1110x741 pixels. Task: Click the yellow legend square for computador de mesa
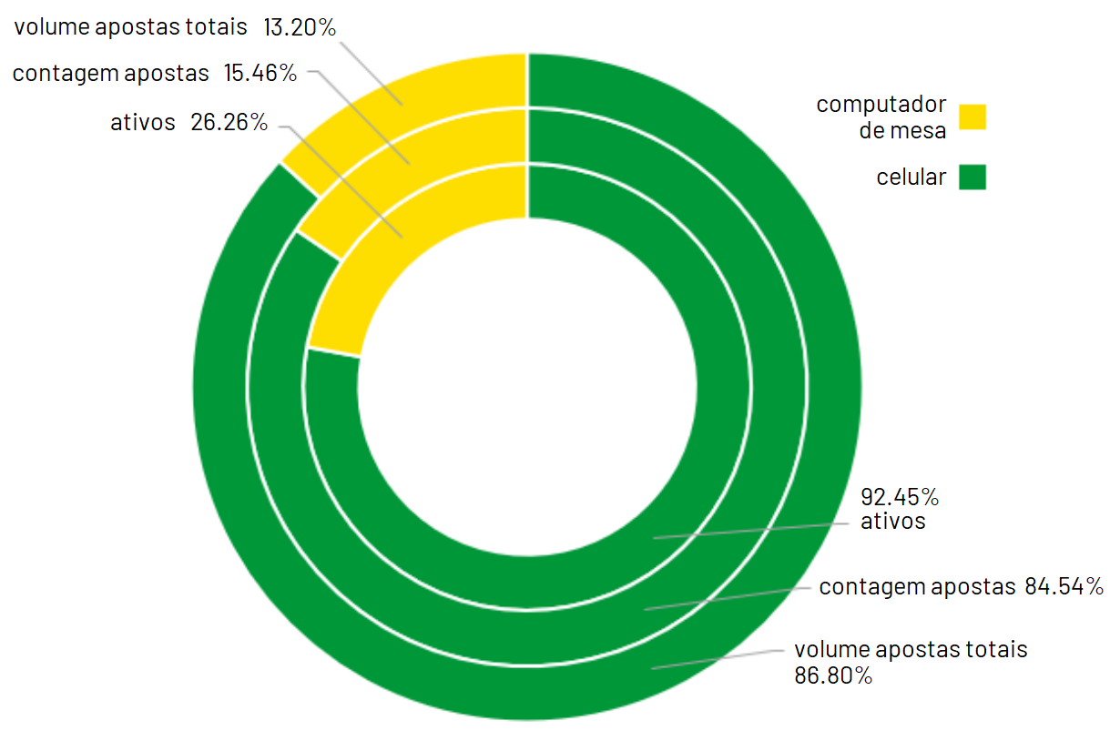(x=973, y=117)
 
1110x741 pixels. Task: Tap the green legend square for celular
(x=973, y=177)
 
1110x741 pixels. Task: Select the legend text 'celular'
(x=911, y=178)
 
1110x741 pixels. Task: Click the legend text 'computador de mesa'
(x=881, y=117)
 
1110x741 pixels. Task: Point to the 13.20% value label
(x=300, y=27)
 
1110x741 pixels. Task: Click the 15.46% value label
(x=260, y=74)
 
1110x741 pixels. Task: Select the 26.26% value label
(x=229, y=123)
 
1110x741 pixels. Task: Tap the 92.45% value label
(x=900, y=498)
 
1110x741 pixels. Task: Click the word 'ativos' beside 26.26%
(x=143, y=123)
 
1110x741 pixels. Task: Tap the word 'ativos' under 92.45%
(x=892, y=522)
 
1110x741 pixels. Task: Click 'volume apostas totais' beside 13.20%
(x=130, y=27)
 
